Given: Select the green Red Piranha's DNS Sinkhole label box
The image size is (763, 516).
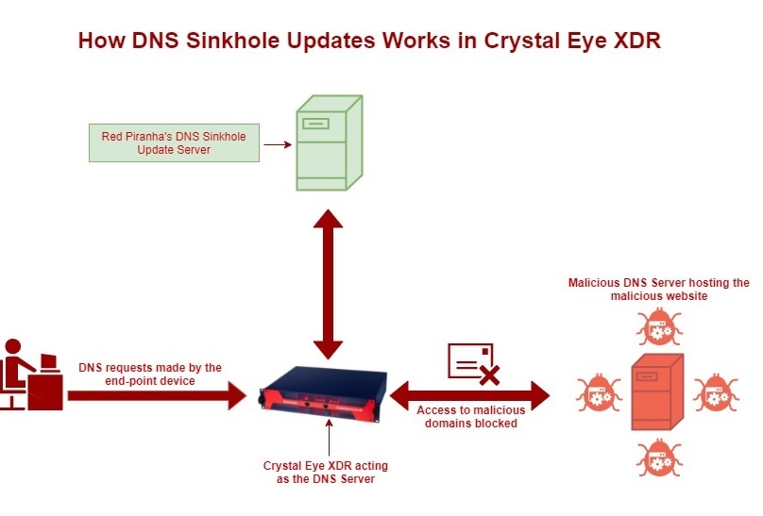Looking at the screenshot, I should (x=174, y=143).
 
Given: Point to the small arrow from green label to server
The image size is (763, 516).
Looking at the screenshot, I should (x=275, y=144).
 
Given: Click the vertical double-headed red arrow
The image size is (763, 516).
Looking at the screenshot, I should (x=328, y=282).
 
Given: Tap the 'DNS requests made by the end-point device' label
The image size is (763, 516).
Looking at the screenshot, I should (x=149, y=374).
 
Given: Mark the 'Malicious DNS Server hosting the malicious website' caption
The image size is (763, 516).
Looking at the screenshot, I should (x=658, y=289).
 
